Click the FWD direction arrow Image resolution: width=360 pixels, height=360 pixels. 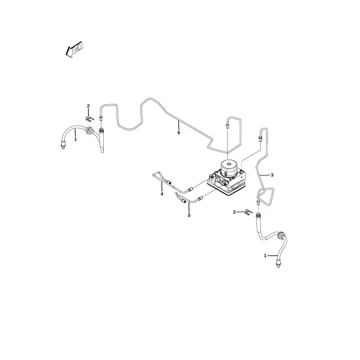(74, 49)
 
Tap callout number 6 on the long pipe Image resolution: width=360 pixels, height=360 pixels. (179, 133)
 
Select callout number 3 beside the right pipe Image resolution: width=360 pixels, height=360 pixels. (272, 175)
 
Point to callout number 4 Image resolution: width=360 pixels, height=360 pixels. (162, 194)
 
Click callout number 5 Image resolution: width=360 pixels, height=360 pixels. (189, 215)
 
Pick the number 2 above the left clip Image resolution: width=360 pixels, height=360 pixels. (88, 106)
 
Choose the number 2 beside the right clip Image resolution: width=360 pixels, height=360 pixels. (234, 212)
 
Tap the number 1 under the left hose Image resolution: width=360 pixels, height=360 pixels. (76, 139)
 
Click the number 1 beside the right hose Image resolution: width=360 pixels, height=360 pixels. (265, 256)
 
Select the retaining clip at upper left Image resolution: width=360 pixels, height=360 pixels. (90, 119)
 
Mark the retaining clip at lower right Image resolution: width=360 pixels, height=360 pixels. (248, 212)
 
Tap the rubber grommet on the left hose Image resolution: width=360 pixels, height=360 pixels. (88, 130)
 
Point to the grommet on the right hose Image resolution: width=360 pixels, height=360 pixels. (281, 236)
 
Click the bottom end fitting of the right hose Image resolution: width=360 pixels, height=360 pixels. (278, 263)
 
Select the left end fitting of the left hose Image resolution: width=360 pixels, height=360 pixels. (62, 146)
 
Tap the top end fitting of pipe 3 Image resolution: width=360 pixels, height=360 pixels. (260, 139)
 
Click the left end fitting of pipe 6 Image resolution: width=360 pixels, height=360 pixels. (100, 118)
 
